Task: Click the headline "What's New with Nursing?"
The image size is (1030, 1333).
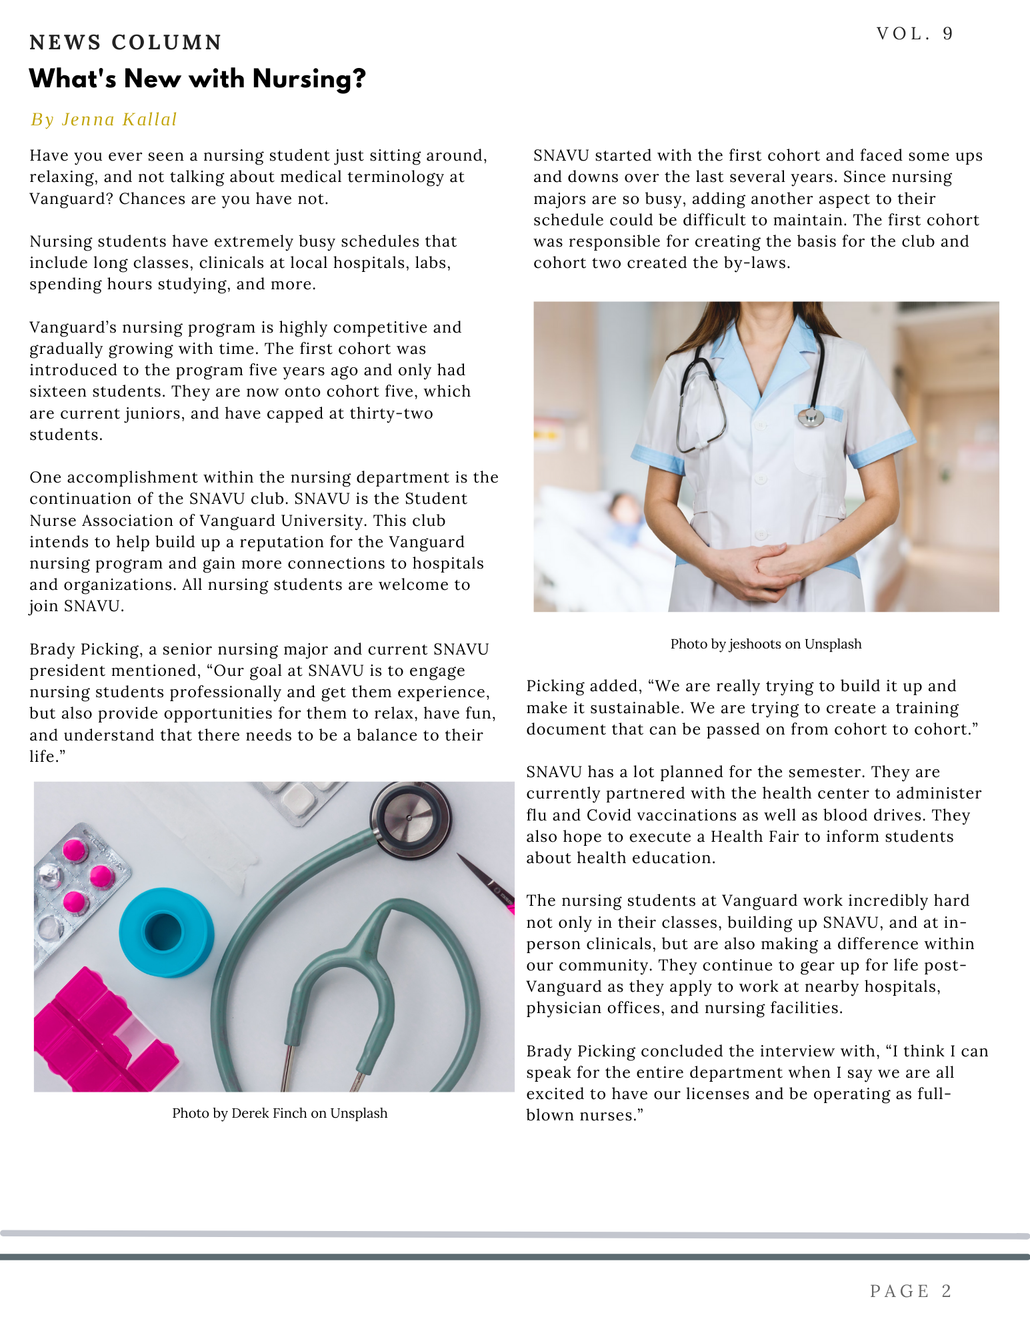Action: (197, 79)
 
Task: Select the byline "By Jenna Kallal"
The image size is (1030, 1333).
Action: (104, 119)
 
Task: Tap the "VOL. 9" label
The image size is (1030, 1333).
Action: (915, 34)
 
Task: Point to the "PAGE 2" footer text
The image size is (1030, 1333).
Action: (911, 1291)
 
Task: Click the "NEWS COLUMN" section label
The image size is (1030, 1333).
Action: (125, 43)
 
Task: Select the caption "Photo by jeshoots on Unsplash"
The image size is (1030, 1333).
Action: (765, 644)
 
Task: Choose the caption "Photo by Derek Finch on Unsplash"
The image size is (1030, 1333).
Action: (279, 1113)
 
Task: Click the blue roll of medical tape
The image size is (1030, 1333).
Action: (166, 931)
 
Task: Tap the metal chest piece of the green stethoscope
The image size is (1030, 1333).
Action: (409, 816)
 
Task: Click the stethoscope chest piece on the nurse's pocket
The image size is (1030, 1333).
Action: (810, 417)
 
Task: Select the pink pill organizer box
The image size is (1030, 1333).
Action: (100, 1033)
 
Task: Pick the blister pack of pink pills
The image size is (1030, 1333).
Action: (80, 873)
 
